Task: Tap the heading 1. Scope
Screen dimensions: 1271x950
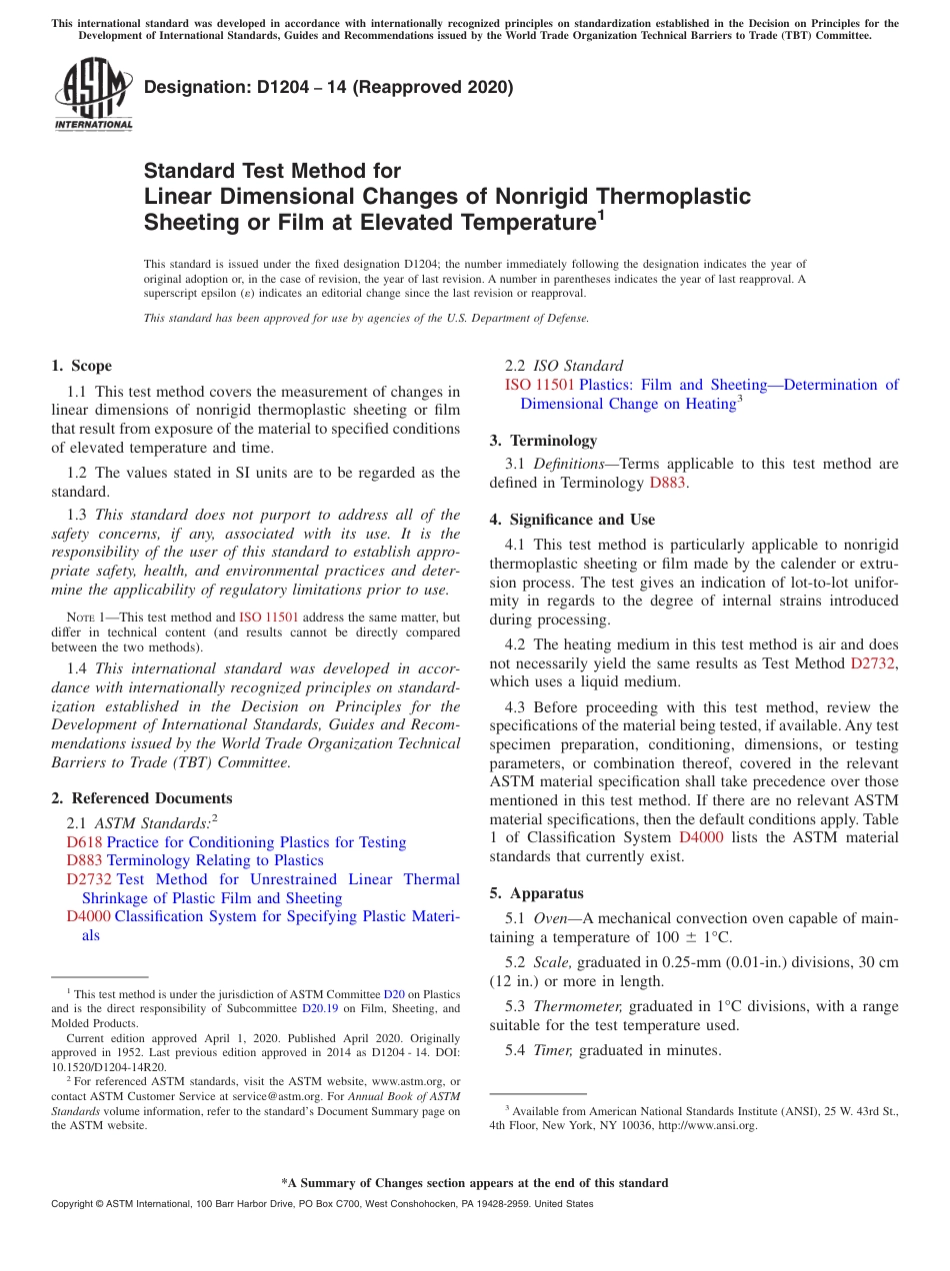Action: pyautogui.click(x=81, y=366)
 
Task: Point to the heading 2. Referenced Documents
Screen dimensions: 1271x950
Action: pyautogui.click(x=141, y=798)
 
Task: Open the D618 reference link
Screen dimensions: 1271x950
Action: pyautogui.click(x=84, y=842)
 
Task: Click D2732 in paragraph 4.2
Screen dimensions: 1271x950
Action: pyautogui.click(x=873, y=663)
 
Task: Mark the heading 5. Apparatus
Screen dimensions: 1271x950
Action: pyautogui.click(x=536, y=893)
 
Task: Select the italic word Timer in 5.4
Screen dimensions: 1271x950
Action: pyautogui.click(x=553, y=1050)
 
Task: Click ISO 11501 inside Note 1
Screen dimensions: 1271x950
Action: pyautogui.click(x=268, y=618)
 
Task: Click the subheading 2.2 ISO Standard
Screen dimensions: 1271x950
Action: pyautogui.click(x=564, y=366)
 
